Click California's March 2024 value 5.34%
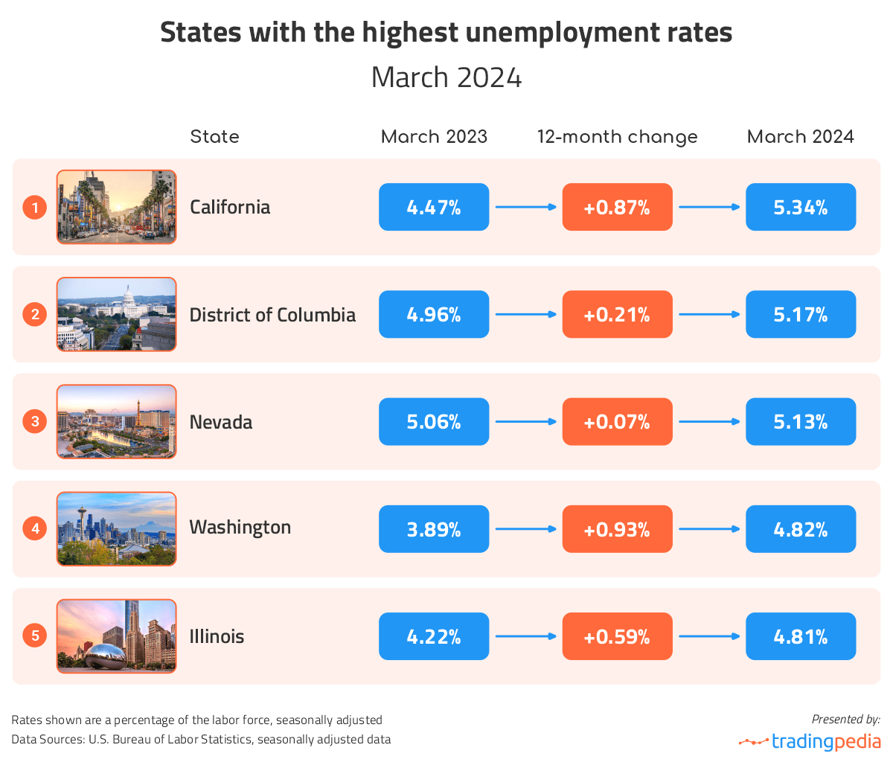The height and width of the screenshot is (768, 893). point(801,208)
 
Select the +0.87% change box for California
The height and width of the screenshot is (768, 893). point(617,208)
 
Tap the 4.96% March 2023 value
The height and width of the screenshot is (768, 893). point(434,315)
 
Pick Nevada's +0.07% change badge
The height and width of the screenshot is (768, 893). point(617,422)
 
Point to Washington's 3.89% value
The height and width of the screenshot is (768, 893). point(434,529)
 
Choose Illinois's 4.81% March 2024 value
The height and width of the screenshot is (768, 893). point(801,636)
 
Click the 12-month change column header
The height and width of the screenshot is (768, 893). point(617,137)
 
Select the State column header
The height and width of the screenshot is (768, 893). point(214,137)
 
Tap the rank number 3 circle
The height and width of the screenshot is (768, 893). point(35,422)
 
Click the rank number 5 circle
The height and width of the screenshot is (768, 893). point(35,636)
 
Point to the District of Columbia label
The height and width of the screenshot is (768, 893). point(272,315)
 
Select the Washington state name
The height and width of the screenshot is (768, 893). point(240,528)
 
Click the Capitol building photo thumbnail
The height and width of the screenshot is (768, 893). point(117,314)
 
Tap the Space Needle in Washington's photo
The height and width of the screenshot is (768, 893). point(81,521)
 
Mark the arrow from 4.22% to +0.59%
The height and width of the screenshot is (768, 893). point(525,636)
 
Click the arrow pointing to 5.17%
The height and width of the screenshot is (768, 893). point(709,315)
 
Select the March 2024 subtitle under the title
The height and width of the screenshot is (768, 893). point(446,78)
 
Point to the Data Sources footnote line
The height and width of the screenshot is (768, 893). point(201,740)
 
